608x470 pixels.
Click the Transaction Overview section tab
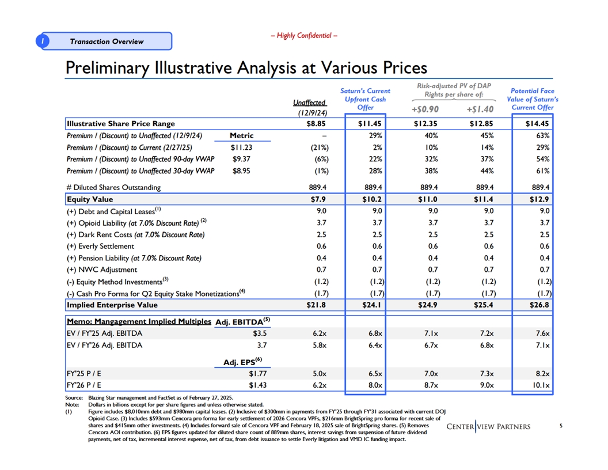click(x=104, y=41)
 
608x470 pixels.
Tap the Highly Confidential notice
click(x=304, y=36)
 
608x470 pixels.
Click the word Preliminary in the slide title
click(x=107, y=68)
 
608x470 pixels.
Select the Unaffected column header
click(x=310, y=103)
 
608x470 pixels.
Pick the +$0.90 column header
click(x=425, y=109)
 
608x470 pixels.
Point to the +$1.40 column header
click(x=480, y=109)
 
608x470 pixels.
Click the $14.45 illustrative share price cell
click(x=537, y=124)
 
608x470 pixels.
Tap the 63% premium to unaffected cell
click(x=543, y=136)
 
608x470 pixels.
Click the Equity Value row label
click(x=90, y=199)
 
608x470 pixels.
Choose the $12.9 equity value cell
click(x=539, y=199)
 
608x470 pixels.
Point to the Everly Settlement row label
click(x=100, y=247)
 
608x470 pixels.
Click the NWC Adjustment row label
click(x=102, y=270)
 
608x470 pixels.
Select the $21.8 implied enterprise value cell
click(x=316, y=305)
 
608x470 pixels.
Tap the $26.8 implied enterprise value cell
click(x=539, y=305)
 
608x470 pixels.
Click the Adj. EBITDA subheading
click(x=243, y=321)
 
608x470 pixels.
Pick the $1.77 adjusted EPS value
click(x=257, y=374)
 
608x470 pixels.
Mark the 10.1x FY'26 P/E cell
click(x=541, y=385)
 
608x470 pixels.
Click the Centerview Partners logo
click(x=488, y=427)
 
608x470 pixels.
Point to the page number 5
click(x=561, y=426)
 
